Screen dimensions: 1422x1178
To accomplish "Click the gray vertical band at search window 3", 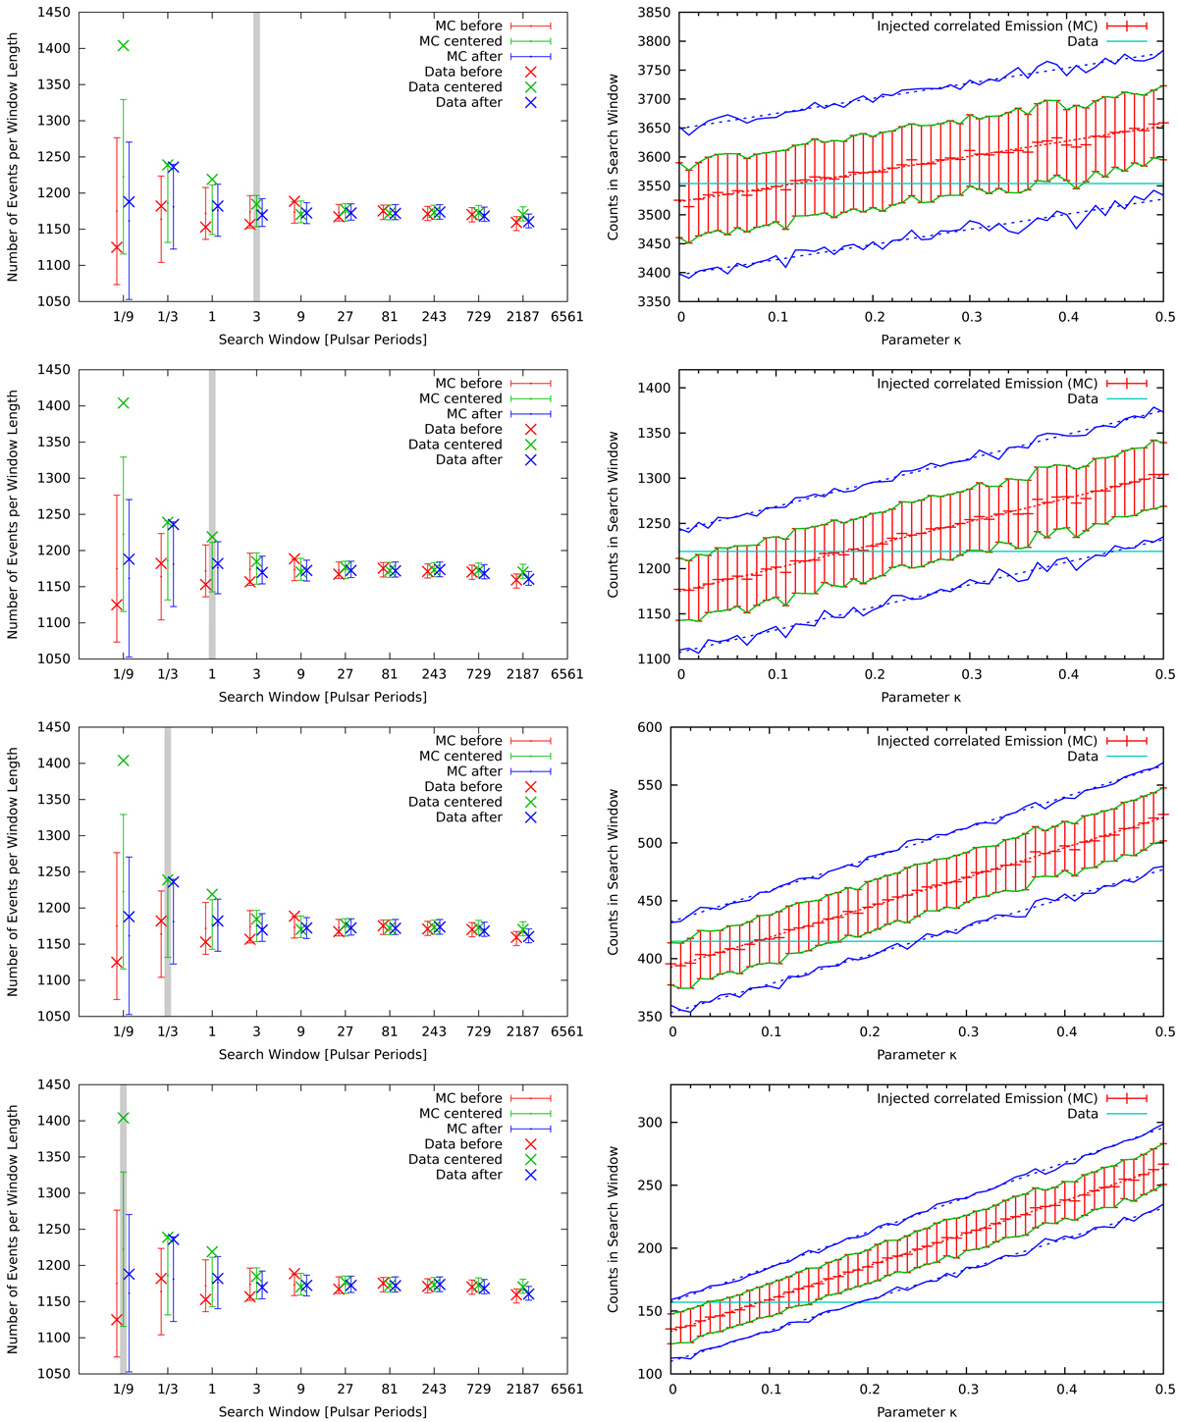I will point(257,157).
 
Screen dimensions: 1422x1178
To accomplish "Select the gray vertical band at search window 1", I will point(212,514).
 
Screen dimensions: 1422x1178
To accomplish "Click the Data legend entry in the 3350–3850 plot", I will point(1083,41).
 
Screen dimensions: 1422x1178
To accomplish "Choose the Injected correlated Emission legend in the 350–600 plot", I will point(987,741).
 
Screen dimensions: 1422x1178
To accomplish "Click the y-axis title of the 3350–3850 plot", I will point(614,157).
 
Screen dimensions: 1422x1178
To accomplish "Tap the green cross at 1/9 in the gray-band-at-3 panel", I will point(123,45).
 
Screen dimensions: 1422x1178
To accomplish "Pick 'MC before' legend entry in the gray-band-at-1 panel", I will point(468,384).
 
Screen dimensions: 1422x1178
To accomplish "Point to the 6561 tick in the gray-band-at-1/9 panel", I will point(566,1389).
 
